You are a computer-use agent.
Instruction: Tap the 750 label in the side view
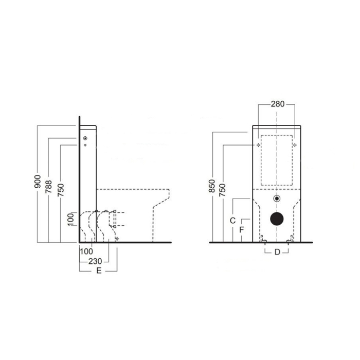click(x=61, y=189)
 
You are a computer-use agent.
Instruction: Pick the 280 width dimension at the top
click(x=277, y=104)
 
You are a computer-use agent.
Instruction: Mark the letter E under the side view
click(x=98, y=271)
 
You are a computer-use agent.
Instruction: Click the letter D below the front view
click(x=277, y=252)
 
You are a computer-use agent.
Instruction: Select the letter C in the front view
click(x=232, y=220)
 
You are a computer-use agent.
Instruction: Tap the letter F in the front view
click(x=242, y=230)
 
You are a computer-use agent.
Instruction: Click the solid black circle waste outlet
click(x=278, y=218)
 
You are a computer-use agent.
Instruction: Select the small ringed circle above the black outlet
click(x=278, y=199)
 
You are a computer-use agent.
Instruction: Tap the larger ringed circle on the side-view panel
click(x=85, y=138)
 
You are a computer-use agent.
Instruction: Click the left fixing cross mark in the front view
click(x=259, y=146)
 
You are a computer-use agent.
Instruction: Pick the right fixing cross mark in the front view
click(x=296, y=146)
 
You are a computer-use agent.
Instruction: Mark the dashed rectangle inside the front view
click(x=277, y=160)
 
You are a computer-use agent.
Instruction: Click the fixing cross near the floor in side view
click(x=117, y=239)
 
